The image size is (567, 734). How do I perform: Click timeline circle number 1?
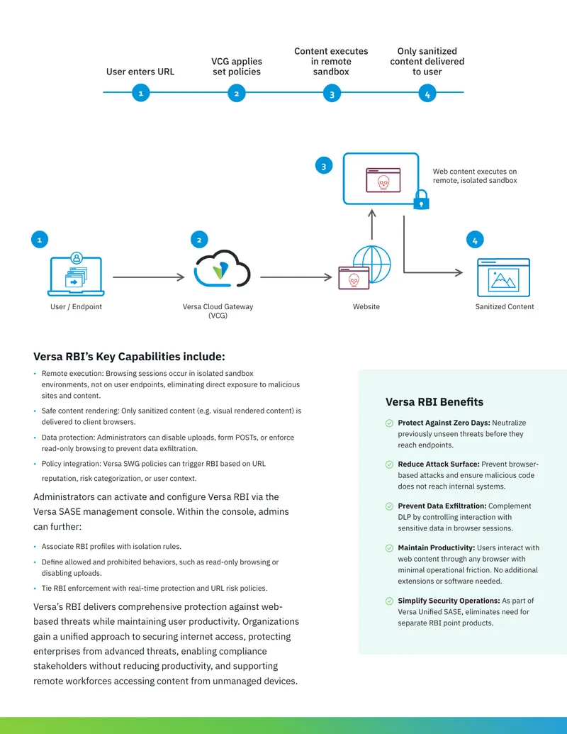tap(141, 93)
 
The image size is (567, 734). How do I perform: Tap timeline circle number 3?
tap(332, 94)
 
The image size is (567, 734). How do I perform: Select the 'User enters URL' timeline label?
tap(140, 72)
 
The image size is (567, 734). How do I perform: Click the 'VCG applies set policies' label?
tap(237, 67)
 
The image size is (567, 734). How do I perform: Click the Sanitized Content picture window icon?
tap(503, 277)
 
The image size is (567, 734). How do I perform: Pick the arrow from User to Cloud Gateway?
tap(149, 277)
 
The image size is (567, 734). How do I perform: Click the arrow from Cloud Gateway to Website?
tap(296, 277)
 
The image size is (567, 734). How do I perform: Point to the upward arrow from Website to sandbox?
tap(372, 225)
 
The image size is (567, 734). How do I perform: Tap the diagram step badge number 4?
tap(475, 240)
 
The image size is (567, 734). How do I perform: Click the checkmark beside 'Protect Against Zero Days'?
tap(389, 423)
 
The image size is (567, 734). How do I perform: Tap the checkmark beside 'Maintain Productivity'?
tap(389, 548)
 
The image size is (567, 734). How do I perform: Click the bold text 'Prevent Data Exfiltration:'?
tap(442, 506)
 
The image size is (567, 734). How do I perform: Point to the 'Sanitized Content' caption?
tap(505, 306)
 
